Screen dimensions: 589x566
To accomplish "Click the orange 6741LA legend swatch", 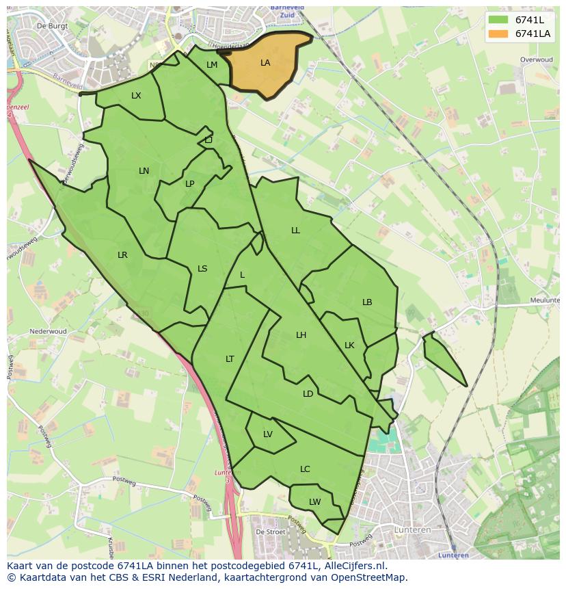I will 498,34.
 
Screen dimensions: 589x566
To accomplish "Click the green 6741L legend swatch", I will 498,20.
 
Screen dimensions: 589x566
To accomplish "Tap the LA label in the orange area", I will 265,63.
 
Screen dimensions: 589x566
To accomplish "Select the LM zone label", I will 212,65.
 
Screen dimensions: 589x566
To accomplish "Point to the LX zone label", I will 136,96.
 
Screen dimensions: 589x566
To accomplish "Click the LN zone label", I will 144,171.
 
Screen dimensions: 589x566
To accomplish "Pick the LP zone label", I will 189,183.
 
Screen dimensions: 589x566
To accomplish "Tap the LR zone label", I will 122,255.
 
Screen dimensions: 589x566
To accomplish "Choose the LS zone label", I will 202,269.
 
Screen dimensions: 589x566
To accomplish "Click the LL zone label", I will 295,231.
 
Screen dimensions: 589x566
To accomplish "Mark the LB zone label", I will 367,302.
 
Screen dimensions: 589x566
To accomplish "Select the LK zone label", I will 349,345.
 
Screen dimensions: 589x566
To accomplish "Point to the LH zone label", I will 301,335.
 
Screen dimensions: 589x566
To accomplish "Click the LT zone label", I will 230,359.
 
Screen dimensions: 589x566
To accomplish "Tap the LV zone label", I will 267,434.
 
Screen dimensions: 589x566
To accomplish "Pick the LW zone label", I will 314,502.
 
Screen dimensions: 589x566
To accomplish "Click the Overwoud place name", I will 536,60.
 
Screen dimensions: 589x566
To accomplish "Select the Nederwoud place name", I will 48,331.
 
